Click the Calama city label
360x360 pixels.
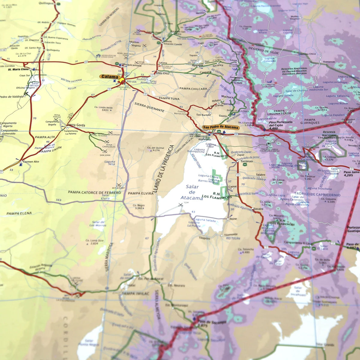tap(109, 76)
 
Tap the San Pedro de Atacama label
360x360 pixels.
tap(221, 127)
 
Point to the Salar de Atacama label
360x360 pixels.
tap(192, 192)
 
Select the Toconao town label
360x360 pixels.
tap(247, 161)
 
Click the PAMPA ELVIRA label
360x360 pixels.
tap(140, 193)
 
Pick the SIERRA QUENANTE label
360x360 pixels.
tap(149, 107)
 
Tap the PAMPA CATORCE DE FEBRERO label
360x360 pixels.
tap(94, 192)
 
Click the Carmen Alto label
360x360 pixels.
tap(31, 162)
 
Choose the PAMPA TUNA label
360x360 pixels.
tap(169, 98)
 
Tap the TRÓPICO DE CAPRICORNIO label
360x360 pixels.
tap(317, 194)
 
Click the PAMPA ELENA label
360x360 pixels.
tap(19, 213)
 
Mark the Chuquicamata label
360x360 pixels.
tap(131, 65)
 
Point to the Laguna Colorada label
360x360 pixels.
tap(269, 59)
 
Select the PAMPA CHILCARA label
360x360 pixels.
tap(193, 89)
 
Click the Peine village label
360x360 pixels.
tap(233, 219)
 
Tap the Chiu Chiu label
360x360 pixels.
tap(162, 73)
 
